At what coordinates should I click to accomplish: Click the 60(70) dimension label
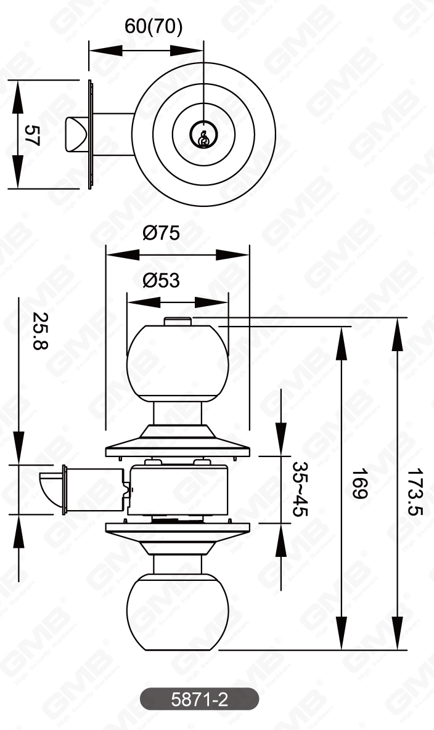point(154,27)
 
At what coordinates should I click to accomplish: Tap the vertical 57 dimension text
point(31,135)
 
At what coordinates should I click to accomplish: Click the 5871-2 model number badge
point(199,699)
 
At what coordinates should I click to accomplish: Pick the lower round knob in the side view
point(178,612)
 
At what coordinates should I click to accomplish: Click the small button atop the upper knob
point(179,321)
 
